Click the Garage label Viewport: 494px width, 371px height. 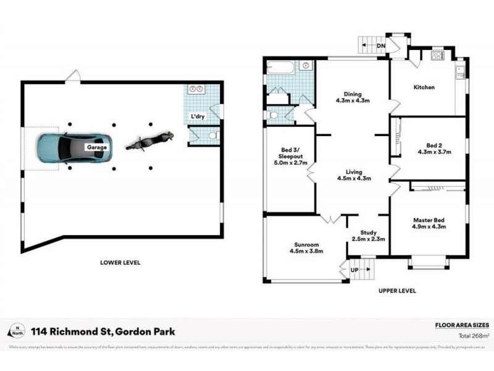click(x=96, y=148)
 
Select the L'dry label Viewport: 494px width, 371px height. click(x=198, y=116)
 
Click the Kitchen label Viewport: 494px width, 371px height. click(x=424, y=87)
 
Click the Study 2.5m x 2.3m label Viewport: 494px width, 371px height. click(x=368, y=235)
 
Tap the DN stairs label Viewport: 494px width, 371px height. click(x=382, y=45)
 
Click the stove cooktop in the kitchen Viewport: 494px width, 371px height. click(x=437, y=58)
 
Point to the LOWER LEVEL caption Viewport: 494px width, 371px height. click(x=120, y=262)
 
